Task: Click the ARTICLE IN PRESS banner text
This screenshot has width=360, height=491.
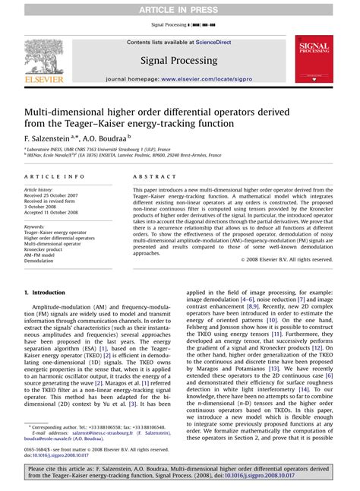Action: click(x=179, y=8)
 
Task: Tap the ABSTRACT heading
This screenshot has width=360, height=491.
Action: click(x=152, y=176)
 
